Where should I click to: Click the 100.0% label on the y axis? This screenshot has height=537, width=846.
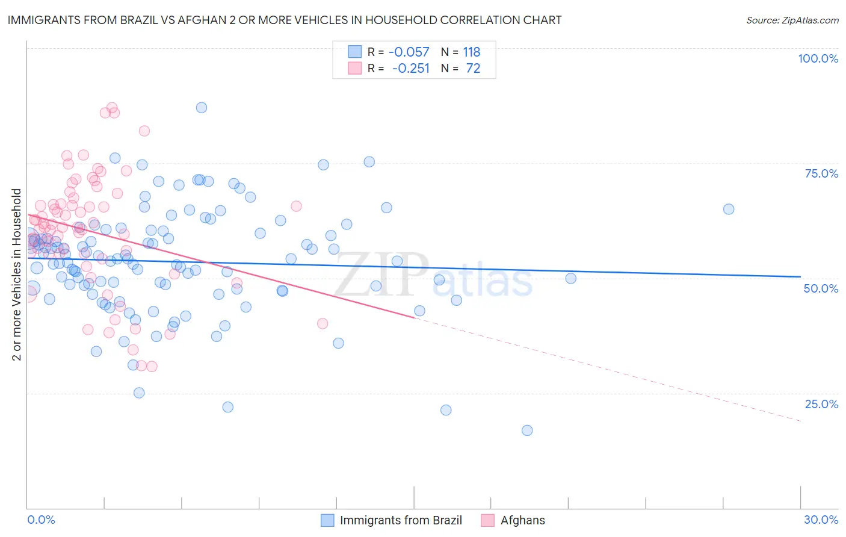(x=818, y=58)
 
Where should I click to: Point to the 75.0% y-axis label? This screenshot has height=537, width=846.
(x=821, y=173)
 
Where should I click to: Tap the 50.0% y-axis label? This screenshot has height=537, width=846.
(x=821, y=288)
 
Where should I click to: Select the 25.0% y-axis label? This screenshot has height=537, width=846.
(x=821, y=404)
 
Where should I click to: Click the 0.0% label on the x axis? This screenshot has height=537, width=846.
(x=41, y=520)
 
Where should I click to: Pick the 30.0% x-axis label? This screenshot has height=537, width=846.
(x=821, y=520)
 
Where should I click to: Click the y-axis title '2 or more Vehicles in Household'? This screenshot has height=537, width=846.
(x=17, y=275)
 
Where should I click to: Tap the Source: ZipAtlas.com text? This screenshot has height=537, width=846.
(x=792, y=20)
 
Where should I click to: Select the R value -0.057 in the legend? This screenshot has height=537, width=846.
(x=409, y=52)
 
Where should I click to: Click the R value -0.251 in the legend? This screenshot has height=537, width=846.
(x=410, y=69)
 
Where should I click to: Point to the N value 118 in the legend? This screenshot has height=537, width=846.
(x=472, y=52)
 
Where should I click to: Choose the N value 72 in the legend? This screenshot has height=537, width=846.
(x=473, y=69)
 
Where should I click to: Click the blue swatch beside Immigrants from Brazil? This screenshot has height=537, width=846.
(x=327, y=520)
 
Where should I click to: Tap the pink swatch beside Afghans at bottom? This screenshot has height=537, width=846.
(x=488, y=520)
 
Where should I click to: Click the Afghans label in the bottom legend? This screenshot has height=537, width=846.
(x=522, y=520)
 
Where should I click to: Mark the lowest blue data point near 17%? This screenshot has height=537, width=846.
(x=527, y=430)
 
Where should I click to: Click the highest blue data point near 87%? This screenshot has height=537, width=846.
(x=202, y=108)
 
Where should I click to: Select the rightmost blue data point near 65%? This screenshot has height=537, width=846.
(x=729, y=210)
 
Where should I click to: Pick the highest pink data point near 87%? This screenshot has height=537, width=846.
(x=112, y=108)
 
